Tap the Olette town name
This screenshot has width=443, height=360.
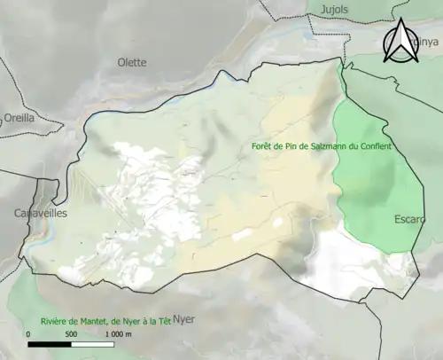(132, 62)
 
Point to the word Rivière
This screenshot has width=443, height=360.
(55, 321)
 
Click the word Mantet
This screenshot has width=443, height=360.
(98, 321)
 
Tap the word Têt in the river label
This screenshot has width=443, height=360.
(165, 321)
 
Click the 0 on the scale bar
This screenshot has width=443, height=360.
(29, 334)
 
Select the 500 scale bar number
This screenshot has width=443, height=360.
(72, 334)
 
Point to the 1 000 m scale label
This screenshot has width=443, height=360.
(118, 334)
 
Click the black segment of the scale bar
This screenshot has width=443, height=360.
(51, 343)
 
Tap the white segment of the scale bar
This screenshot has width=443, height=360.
(93, 343)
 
